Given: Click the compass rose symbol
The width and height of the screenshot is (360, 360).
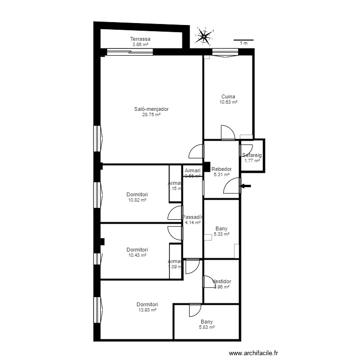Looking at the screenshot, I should (x=204, y=36).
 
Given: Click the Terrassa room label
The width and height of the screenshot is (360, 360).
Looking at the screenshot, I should (x=140, y=39).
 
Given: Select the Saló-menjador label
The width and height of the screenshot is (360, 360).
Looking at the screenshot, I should (x=151, y=109).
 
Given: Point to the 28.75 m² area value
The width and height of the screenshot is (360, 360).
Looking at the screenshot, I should (x=151, y=115).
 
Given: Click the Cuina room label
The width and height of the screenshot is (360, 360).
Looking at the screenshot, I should (x=228, y=96).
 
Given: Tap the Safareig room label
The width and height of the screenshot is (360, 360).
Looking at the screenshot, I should (x=252, y=155).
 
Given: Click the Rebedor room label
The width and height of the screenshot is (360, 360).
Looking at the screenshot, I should (x=222, y=169).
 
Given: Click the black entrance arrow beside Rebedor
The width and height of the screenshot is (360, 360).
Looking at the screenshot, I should (x=245, y=186).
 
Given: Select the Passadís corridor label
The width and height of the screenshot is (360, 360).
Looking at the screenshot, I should (x=193, y=217).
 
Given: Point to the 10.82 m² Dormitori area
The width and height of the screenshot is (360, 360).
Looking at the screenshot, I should (x=137, y=200).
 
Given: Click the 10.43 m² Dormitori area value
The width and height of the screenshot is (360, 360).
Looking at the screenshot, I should (x=137, y=255).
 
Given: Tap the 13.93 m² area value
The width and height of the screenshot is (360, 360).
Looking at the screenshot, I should (x=147, y=310).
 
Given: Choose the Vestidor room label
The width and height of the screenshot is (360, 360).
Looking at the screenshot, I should (x=222, y=281).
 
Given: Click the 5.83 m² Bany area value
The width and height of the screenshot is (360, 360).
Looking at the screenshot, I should (x=207, y=327).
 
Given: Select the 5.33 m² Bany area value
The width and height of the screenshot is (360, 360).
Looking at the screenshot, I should (x=221, y=234).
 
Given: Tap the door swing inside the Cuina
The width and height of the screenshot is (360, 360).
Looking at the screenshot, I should (x=227, y=132).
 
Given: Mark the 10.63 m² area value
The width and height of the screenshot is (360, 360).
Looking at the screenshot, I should (x=228, y=102).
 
